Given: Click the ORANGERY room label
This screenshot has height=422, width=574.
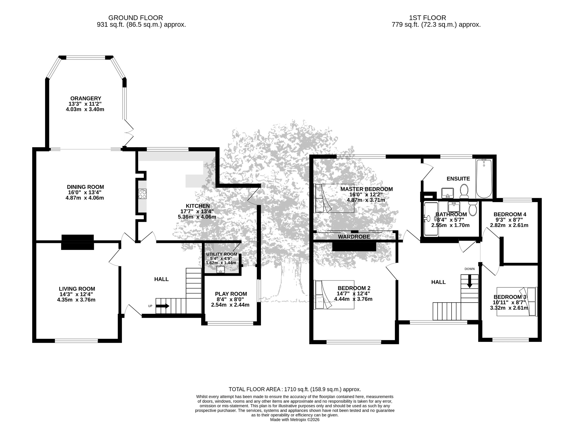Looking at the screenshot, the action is click(x=85, y=98).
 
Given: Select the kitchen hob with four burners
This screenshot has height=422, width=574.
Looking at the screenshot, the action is click(x=142, y=194).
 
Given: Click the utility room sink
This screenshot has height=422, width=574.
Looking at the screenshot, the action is click(x=221, y=269).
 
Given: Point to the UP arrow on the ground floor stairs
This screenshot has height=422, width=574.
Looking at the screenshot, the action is click(x=163, y=306).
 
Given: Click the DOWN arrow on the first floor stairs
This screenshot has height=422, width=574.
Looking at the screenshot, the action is click(x=469, y=281).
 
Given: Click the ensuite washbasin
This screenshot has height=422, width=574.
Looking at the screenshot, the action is click(x=448, y=193).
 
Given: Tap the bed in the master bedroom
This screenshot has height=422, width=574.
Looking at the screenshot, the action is click(x=334, y=198).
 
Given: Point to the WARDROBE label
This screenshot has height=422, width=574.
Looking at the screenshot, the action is click(x=354, y=237).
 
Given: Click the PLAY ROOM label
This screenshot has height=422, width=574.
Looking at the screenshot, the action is click(x=231, y=294).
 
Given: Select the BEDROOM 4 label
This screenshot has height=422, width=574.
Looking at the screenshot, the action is click(x=510, y=214).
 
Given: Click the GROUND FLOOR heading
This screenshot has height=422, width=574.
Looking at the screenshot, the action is click(x=135, y=18).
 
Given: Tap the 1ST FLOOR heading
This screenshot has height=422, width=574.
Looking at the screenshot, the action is click(x=427, y=18).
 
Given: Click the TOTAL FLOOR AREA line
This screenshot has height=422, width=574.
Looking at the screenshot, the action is click(x=295, y=389).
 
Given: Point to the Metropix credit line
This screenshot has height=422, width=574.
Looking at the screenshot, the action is click(x=295, y=420).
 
